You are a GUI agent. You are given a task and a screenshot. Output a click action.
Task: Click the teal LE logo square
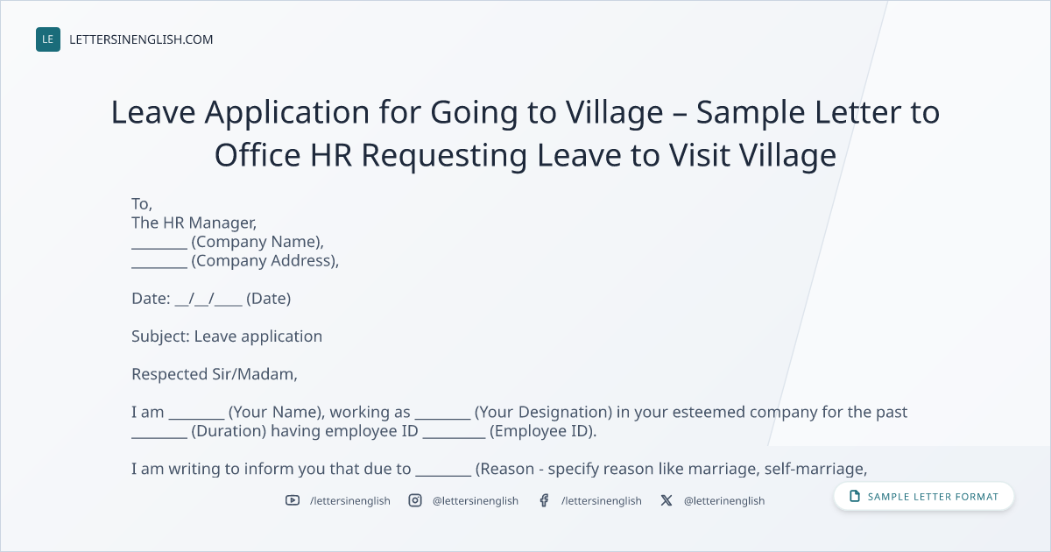click(x=48, y=39)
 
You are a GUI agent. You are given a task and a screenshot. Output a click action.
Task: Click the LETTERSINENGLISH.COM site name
click(x=141, y=39)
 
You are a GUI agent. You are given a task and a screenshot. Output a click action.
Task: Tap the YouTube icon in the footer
click(x=293, y=500)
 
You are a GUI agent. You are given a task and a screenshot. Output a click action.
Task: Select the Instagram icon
click(x=415, y=500)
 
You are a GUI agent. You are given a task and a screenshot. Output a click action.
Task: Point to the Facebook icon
click(x=544, y=500)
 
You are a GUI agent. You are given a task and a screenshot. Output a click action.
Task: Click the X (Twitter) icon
click(x=667, y=500)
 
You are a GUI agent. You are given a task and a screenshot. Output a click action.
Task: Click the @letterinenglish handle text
click(x=724, y=501)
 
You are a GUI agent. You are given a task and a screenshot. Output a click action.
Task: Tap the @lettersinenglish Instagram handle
click(x=476, y=501)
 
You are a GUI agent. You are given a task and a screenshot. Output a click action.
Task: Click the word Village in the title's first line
click(x=614, y=113)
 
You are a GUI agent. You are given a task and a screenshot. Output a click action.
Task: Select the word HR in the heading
click(x=331, y=155)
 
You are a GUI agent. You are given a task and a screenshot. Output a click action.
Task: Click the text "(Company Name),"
click(x=257, y=242)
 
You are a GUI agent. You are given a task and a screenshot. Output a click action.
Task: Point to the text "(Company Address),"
click(x=265, y=260)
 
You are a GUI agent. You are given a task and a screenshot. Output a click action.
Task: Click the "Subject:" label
click(x=160, y=336)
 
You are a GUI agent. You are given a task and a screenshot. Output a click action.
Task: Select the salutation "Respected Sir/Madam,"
click(x=215, y=374)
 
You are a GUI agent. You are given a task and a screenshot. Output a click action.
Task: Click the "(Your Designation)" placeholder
click(x=543, y=412)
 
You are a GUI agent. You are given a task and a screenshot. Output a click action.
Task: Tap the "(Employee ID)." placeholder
click(x=543, y=431)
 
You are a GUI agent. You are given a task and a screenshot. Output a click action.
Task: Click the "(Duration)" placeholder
click(x=229, y=431)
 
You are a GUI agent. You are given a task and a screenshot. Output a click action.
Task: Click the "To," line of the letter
click(x=142, y=204)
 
